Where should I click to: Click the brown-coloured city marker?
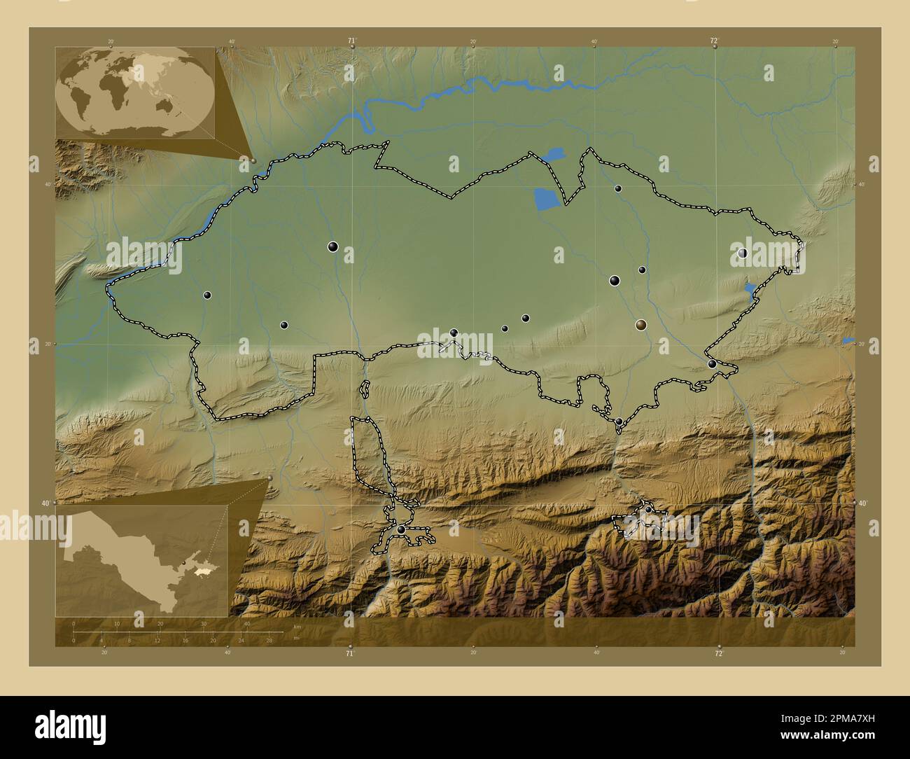pyautogui.click(x=641, y=325)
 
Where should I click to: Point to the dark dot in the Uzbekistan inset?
pyautogui.click(x=184, y=562)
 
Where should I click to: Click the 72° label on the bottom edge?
pyautogui.click(x=718, y=653)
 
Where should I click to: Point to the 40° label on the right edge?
pyautogui.click(x=862, y=503)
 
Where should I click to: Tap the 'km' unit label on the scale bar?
pyautogui.click(x=297, y=626)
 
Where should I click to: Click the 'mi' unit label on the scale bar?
pyautogui.click(x=296, y=638)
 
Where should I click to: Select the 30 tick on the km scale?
pyautogui.click(x=204, y=624)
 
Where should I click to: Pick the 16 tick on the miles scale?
pyautogui.click(x=185, y=640)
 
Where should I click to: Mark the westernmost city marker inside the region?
pyautogui.click(x=207, y=295)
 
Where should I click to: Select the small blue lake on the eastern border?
pyautogui.click(x=750, y=291)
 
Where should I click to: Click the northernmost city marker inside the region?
pyautogui.click(x=617, y=188)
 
